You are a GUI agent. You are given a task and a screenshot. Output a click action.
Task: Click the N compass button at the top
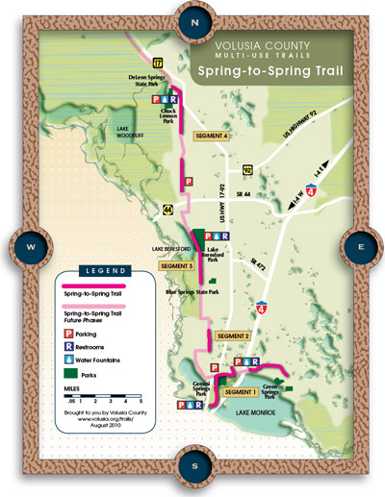coord(193,20)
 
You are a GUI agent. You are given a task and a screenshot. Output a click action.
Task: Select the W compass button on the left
coord(31,247)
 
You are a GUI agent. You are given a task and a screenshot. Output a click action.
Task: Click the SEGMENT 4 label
coord(212,137)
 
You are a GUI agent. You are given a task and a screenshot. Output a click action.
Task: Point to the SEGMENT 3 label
coord(176,265)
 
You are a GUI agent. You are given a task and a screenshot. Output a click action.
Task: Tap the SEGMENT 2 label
coord(234,335)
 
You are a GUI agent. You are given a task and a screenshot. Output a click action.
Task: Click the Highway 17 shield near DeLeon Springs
coord(143,62)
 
